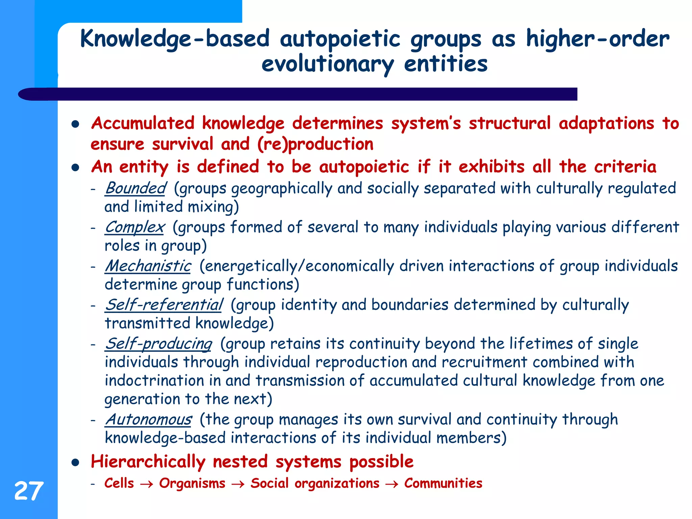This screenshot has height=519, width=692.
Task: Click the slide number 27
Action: pos(29,491)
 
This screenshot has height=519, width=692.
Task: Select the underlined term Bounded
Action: pos(135,188)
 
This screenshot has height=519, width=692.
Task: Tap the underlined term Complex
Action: pos(134,227)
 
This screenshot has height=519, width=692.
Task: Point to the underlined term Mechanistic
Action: pos(148,266)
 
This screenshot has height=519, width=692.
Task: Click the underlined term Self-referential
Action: pos(164,305)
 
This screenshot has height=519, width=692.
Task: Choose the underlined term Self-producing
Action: pos(158,344)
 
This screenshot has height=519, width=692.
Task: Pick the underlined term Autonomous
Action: pos(148,420)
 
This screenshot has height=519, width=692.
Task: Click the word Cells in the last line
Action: pos(119,483)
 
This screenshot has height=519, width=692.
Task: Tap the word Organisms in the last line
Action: pos(192,483)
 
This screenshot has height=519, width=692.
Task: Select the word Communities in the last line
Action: pos(443,483)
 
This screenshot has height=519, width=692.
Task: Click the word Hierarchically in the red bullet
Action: pos(148,462)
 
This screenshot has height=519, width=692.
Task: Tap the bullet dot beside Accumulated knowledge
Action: pos(75,124)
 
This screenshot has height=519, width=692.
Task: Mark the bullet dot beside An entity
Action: pos(75,168)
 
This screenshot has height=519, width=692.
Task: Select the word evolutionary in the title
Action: pos(327,64)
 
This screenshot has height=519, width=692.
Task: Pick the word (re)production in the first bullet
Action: pos(315,144)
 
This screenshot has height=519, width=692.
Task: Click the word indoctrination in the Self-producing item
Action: pos(154,380)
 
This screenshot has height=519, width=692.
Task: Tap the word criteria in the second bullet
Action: pos(625,167)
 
